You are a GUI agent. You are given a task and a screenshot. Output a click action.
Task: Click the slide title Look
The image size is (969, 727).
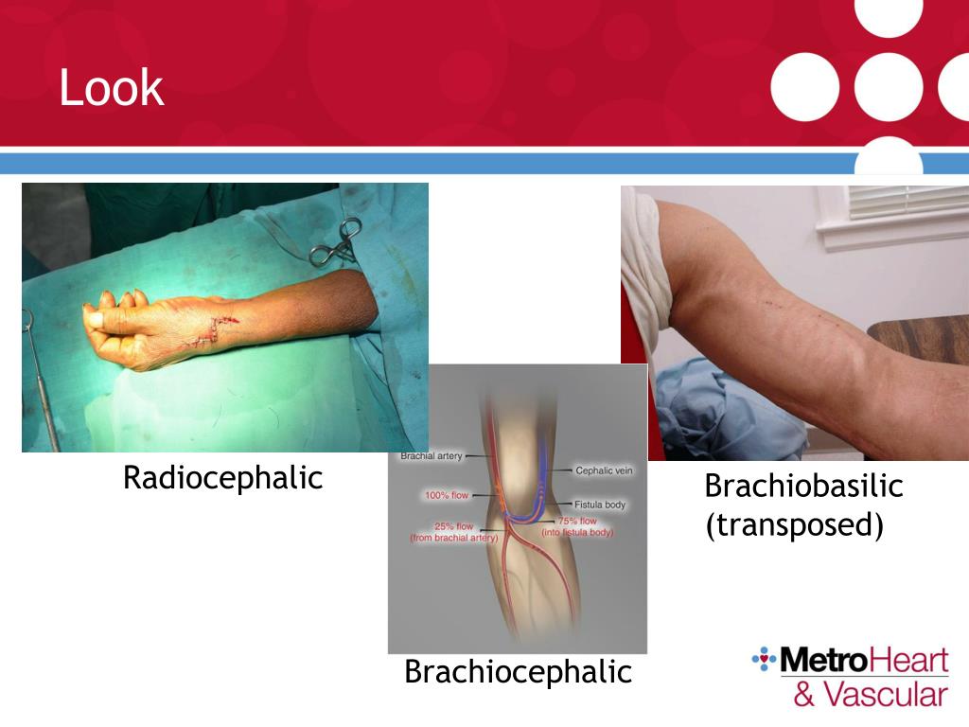click(111, 88)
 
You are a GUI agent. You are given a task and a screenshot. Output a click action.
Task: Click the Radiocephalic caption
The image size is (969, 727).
click(222, 478)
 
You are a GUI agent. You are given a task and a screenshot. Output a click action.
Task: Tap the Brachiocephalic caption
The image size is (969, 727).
click(518, 672)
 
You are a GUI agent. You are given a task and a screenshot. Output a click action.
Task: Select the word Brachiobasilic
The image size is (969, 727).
click(803, 487)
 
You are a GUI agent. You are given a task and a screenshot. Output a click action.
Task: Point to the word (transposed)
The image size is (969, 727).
click(794, 524)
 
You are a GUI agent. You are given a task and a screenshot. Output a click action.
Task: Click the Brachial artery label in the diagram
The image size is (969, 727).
click(431, 456)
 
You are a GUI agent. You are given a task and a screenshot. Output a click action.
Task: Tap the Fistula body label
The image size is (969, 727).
click(600, 505)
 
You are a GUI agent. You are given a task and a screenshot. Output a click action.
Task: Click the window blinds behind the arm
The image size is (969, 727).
click(907, 202)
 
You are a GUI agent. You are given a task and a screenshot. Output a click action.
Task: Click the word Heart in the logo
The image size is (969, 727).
click(904, 660)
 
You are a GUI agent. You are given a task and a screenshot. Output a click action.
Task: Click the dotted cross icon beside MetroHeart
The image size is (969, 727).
click(764, 657)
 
